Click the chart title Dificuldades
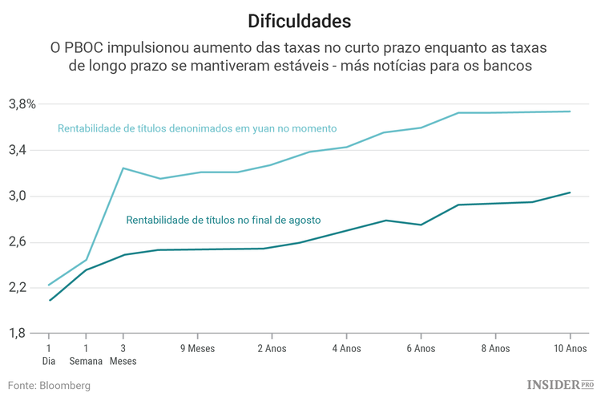click(299, 19)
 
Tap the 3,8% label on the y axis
click(22, 104)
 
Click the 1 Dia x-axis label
click(49, 354)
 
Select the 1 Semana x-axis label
click(86, 354)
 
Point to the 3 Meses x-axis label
click(123, 354)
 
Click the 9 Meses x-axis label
click(196, 349)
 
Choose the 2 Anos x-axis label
click(271, 349)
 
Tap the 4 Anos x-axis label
click(345, 349)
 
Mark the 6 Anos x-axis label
click(420, 349)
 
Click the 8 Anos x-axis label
click(494, 349)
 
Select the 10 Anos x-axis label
click(569, 349)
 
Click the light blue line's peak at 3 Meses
click(123, 168)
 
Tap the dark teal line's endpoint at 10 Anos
click(570, 192)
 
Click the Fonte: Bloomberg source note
click(50, 385)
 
